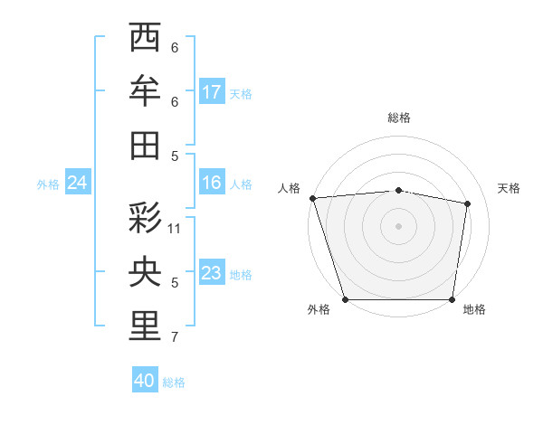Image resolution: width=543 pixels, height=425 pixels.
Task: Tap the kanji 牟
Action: click(x=146, y=91)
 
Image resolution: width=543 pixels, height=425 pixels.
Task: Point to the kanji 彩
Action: click(x=146, y=218)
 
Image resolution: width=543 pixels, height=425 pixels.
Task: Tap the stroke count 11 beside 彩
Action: click(x=175, y=229)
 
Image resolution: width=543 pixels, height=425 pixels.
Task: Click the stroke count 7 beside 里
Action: click(x=175, y=338)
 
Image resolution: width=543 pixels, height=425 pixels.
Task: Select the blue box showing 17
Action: click(x=212, y=92)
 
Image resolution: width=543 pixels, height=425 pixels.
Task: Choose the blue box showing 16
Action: click(x=212, y=183)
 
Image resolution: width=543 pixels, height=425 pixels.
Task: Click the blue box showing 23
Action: click(x=212, y=273)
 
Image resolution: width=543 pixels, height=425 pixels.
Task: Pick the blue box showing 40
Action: click(x=145, y=381)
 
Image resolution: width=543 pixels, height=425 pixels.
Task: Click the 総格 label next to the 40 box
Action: click(x=175, y=382)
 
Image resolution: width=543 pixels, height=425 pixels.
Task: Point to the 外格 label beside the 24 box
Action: click(x=48, y=184)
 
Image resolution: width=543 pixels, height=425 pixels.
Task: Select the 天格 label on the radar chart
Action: click(x=510, y=188)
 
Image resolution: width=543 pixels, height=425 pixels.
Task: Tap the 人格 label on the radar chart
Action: click(x=289, y=188)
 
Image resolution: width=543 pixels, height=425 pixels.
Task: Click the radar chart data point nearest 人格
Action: click(x=312, y=197)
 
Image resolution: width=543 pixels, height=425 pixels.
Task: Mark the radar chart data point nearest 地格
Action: click(x=452, y=299)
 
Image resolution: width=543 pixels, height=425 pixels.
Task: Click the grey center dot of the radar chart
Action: click(x=398, y=225)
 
